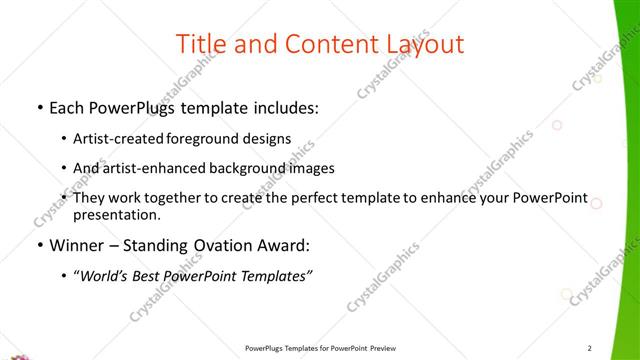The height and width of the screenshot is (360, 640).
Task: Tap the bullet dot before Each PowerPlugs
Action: (x=39, y=108)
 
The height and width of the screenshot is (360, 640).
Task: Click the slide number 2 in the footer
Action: (x=590, y=348)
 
